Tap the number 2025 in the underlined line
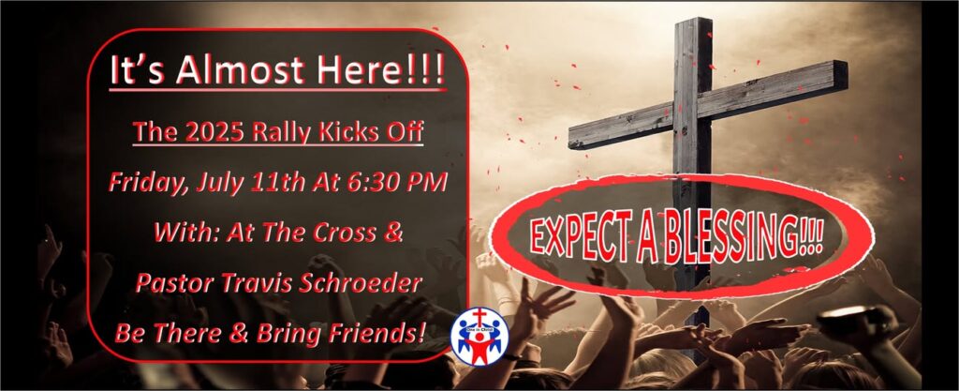(203, 131)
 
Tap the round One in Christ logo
(480, 336)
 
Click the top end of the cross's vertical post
(693, 20)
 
